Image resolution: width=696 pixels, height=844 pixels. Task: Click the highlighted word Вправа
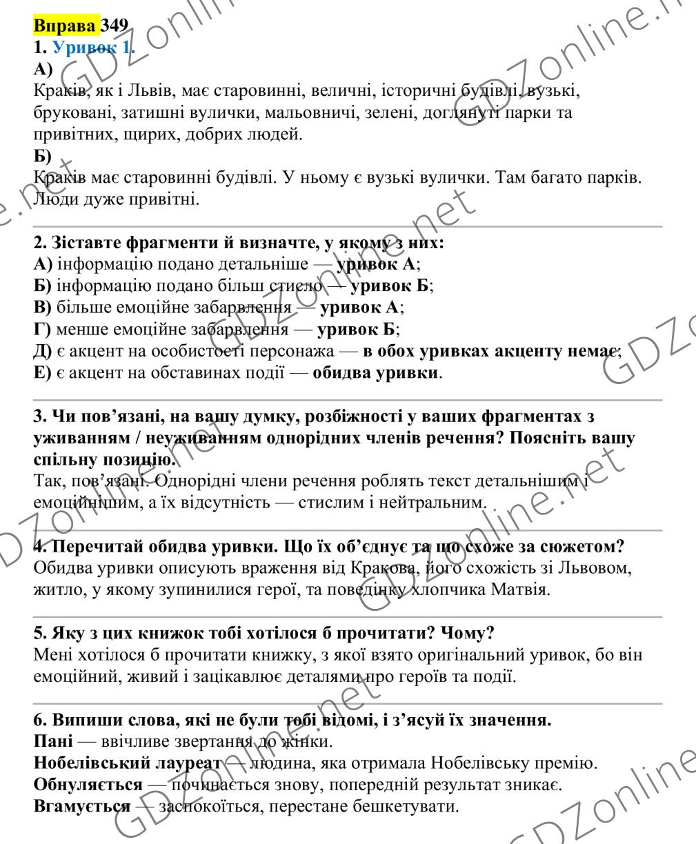point(66,26)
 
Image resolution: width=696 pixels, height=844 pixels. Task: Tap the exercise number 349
point(115,26)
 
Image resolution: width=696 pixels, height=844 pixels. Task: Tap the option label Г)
point(42,329)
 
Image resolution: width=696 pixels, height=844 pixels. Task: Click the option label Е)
point(42,373)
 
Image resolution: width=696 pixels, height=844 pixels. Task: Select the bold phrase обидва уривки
point(376,373)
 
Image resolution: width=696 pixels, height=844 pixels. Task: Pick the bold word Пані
point(52,743)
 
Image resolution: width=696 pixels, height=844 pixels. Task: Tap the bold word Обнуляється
point(88,785)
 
